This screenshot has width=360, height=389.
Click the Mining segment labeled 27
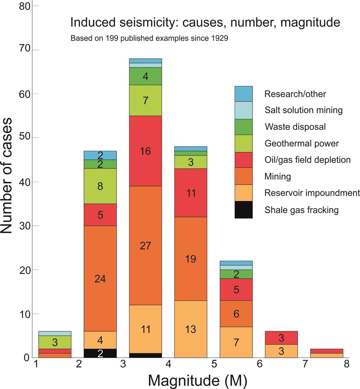145,246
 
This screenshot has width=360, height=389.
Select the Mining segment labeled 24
100,278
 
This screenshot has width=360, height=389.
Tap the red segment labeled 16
145,151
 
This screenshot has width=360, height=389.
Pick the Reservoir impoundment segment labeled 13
191,329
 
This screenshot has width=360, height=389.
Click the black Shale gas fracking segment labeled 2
100,353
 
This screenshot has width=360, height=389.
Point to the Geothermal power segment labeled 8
100,186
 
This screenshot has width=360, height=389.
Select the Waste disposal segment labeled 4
145,76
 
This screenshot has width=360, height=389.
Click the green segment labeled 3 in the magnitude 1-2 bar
55,342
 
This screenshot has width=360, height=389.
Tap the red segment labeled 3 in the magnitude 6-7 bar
281,338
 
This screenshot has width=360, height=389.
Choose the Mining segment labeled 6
236,314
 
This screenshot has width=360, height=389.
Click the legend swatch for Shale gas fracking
244,210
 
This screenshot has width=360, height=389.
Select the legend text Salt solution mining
303,110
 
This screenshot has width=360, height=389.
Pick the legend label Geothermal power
301,143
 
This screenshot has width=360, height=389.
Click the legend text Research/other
295,94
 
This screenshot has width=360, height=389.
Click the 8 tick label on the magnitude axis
346,364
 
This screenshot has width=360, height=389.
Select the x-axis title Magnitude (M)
198,380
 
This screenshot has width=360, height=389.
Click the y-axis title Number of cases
7,176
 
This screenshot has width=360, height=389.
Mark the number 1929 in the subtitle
220,38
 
